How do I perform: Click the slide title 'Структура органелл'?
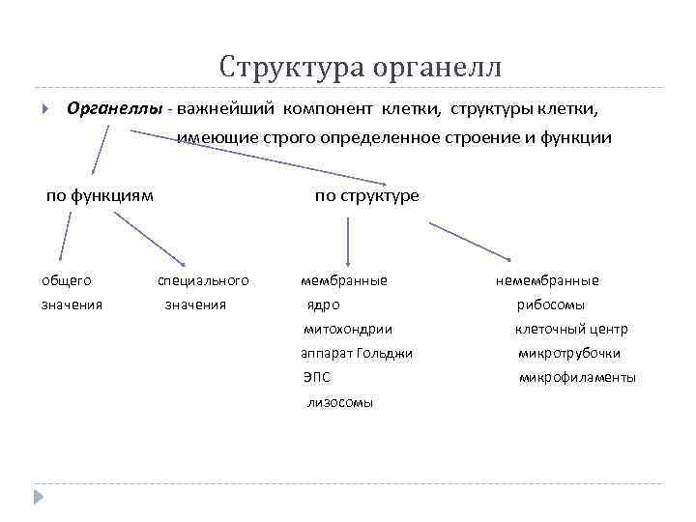pyautogui.click(x=361, y=67)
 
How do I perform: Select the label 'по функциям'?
pyautogui.click(x=100, y=195)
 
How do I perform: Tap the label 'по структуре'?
pyautogui.click(x=367, y=195)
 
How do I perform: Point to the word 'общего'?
pyautogui.click(x=67, y=280)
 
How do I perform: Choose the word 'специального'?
pyautogui.click(x=203, y=280)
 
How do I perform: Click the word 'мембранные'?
pyautogui.click(x=344, y=280)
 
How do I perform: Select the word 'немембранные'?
pyautogui.click(x=547, y=280)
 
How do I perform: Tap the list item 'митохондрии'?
pyautogui.click(x=347, y=329)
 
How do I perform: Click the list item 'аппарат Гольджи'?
pyautogui.click(x=357, y=353)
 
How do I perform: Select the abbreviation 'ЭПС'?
pyautogui.click(x=316, y=378)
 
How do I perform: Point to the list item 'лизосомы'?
pyautogui.click(x=339, y=402)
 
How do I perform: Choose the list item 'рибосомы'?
pyautogui.click(x=550, y=304)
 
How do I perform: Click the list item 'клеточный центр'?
pyautogui.click(x=571, y=329)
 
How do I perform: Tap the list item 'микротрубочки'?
pyautogui.click(x=569, y=353)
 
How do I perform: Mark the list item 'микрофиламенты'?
pyautogui.click(x=577, y=378)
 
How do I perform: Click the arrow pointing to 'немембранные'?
pyautogui.click(x=471, y=242)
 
